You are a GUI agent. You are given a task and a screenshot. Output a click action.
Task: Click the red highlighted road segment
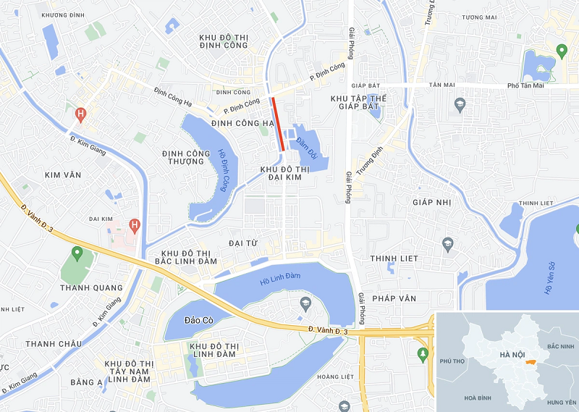(277, 123)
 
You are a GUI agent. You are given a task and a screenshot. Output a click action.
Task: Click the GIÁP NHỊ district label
(432, 202)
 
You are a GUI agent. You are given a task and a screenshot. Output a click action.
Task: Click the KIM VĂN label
(63, 175)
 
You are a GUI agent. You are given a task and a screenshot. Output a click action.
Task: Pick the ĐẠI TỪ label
(242, 243)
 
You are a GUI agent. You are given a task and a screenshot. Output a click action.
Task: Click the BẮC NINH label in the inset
(561, 348)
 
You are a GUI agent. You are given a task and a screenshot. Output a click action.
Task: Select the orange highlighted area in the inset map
(531, 362)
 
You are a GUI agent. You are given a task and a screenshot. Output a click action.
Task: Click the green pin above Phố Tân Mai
(561, 51)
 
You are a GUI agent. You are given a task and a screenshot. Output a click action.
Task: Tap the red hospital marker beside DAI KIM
(134, 225)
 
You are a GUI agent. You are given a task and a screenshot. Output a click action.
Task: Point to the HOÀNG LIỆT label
(336, 377)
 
